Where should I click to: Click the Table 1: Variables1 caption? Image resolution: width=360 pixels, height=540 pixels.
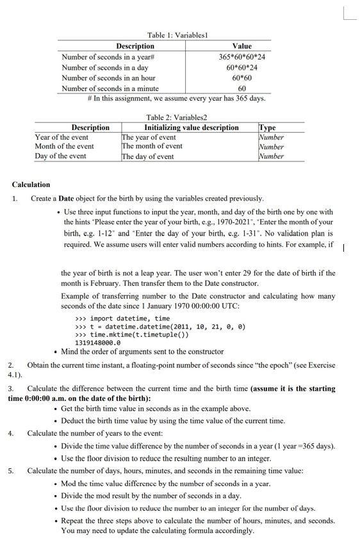(x=178, y=35)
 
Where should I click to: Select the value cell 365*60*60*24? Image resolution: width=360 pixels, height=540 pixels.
(x=241, y=57)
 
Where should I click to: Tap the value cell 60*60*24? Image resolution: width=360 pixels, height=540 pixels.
(x=241, y=67)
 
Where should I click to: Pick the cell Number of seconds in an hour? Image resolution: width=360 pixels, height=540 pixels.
(x=108, y=78)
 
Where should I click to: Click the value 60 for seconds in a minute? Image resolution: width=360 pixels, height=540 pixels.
(x=241, y=88)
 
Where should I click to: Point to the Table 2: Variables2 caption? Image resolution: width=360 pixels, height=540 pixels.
(x=177, y=117)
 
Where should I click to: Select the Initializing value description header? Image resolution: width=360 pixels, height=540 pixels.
(x=191, y=127)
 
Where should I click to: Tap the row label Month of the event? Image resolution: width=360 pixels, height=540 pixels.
(x=64, y=146)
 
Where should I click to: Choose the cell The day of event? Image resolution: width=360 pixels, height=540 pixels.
(x=148, y=156)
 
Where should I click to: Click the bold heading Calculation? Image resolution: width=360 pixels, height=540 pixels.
(x=31, y=184)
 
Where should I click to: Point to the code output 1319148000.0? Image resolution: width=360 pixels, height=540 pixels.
(x=98, y=343)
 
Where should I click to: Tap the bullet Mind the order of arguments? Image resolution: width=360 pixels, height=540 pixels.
(x=142, y=352)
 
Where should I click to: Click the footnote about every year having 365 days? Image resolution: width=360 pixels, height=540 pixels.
(x=176, y=99)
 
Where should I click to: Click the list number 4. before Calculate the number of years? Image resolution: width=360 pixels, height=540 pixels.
(x=11, y=433)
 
